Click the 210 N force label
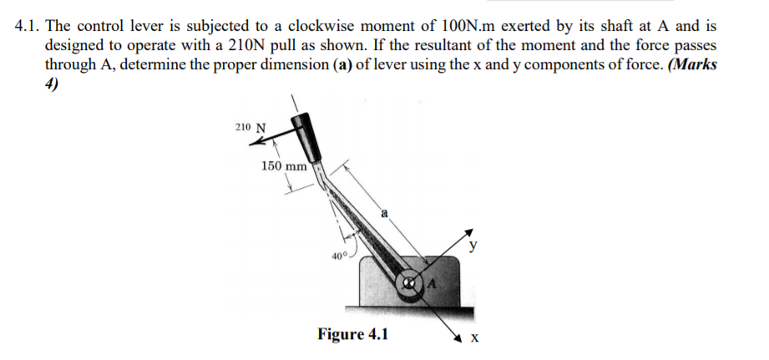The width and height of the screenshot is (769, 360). [x=250, y=128]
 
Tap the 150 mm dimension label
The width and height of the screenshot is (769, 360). [x=284, y=165]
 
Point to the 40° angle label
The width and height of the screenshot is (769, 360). [x=339, y=256]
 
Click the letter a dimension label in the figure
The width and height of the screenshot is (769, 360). [x=386, y=214]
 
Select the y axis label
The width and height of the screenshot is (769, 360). [x=473, y=246]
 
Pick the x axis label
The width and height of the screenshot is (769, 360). [x=475, y=339]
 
